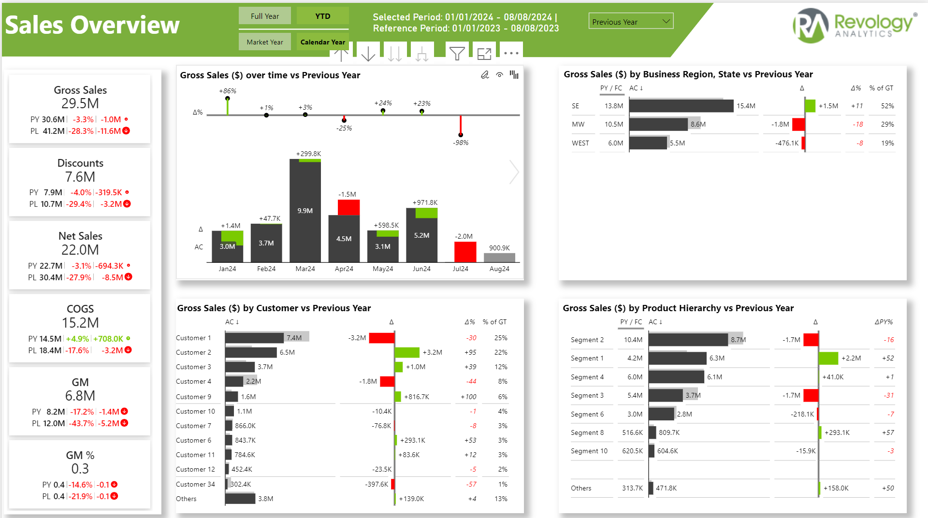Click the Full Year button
[x=265, y=16]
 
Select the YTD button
[x=322, y=16]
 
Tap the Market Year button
[x=265, y=42]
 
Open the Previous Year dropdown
[x=631, y=21]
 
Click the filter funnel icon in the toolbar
[x=457, y=53]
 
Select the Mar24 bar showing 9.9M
[x=305, y=211]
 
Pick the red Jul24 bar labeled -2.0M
[x=465, y=251]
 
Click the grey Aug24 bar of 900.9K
[x=499, y=257]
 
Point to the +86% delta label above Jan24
[x=228, y=91]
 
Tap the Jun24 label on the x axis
[x=421, y=269]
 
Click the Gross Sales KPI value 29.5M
[x=80, y=103]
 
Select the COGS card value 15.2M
[x=80, y=322]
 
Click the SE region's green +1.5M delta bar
[x=811, y=105]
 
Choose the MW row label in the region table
[x=578, y=124]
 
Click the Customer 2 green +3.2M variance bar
[x=407, y=352]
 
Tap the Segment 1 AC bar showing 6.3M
[x=677, y=358]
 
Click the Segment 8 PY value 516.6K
[x=632, y=432]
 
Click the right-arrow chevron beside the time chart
[x=514, y=172]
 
